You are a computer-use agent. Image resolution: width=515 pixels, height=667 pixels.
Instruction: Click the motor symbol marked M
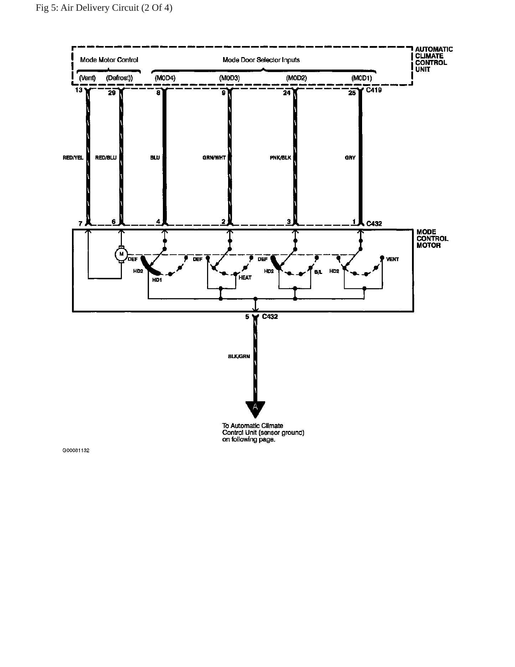pyautogui.click(x=121, y=254)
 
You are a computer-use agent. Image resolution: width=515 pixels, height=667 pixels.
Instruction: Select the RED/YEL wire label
pyautogui.click(x=73, y=158)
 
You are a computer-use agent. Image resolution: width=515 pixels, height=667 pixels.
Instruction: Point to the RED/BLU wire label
pyautogui.click(x=106, y=158)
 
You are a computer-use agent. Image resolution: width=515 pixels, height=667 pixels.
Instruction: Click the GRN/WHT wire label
pyautogui.click(x=214, y=158)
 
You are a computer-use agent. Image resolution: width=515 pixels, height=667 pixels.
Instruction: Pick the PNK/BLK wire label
pyautogui.click(x=280, y=158)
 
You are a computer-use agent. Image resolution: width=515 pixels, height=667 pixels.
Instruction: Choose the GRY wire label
pyautogui.click(x=350, y=158)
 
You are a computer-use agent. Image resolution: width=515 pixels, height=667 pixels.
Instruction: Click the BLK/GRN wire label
pyautogui.click(x=239, y=356)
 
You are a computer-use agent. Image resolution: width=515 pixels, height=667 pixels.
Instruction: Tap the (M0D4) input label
pyautogui.click(x=165, y=78)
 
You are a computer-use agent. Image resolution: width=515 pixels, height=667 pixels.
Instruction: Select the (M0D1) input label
pyautogui.click(x=362, y=78)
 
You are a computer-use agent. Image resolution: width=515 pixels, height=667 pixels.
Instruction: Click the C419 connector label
pyautogui.click(x=374, y=90)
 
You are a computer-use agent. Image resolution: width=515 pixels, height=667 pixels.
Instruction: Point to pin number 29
pyautogui.click(x=112, y=93)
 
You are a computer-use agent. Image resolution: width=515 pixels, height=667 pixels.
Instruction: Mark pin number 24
pyautogui.click(x=287, y=93)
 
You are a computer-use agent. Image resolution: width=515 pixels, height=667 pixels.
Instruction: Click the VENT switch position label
pyautogui.click(x=392, y=259)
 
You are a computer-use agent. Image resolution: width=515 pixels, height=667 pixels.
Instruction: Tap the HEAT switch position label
pyautogui.click(x=245, y=278)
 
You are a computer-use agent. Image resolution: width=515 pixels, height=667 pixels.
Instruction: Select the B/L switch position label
pyautogui.click(x=318, y=272)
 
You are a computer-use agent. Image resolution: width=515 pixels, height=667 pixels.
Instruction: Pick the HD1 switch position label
pyautogui.click(x=157, y=280)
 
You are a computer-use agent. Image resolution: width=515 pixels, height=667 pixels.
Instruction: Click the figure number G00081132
pyautogui.click(x=76, y=450)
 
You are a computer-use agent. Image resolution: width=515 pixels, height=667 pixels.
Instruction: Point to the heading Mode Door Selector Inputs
pyautogui.click(x=261, y=60)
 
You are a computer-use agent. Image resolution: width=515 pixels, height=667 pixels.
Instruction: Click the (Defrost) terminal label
pyautogui.click(x=119, y=78)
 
